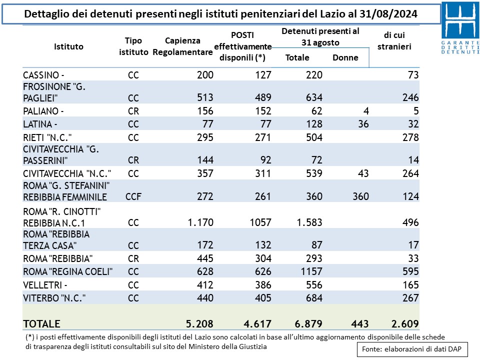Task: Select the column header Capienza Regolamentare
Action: tap(182, 46)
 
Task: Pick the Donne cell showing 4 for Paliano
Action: tap(365, 111)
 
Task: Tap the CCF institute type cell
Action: tap(133, 196)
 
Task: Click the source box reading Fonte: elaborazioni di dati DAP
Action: tap(411, 349)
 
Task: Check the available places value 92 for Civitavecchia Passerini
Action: tap(264, 160)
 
